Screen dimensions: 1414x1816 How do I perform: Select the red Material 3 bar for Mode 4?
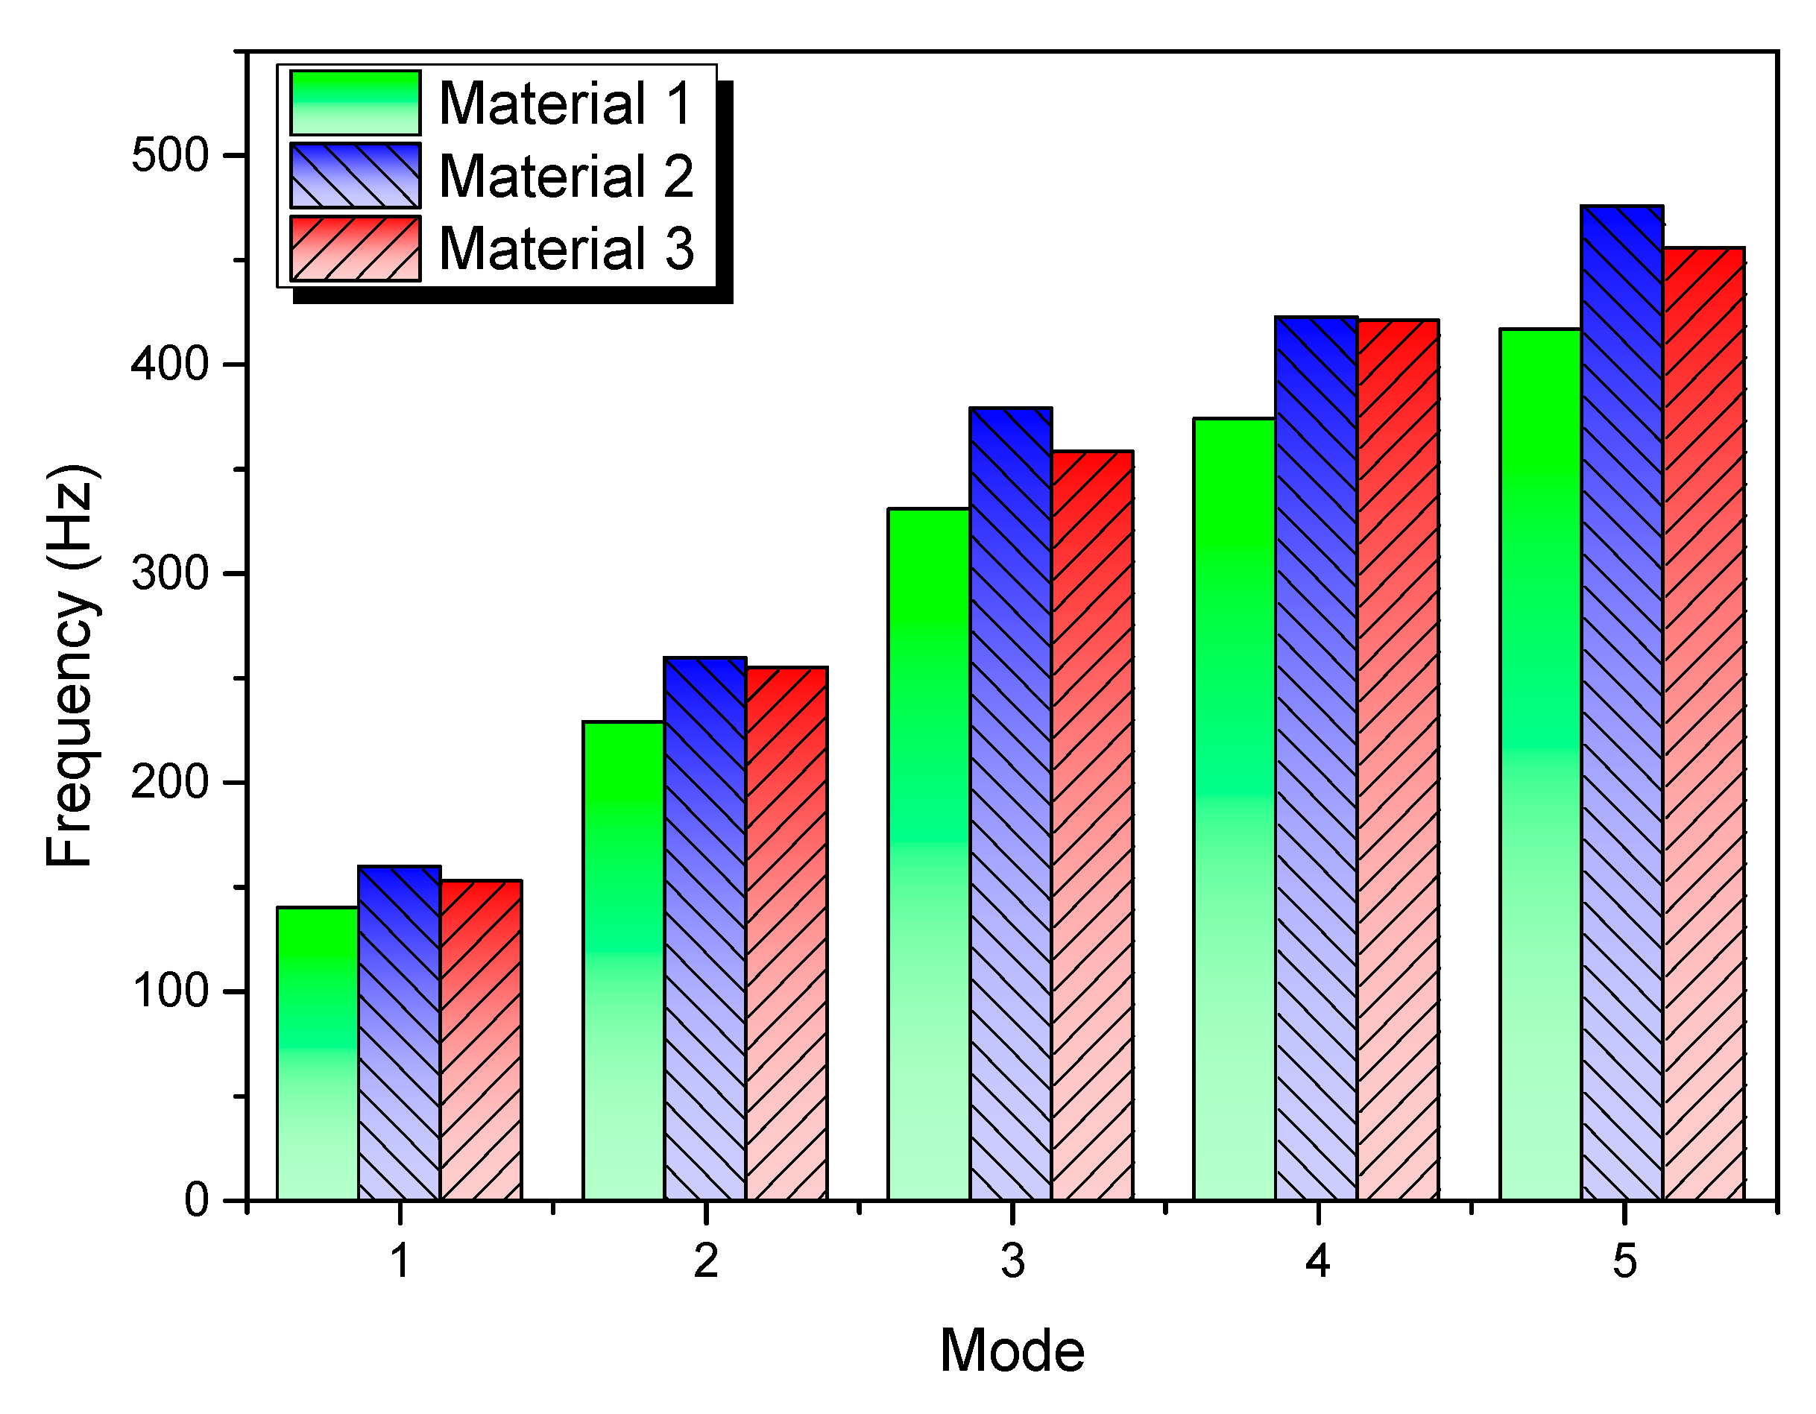[1398, 760]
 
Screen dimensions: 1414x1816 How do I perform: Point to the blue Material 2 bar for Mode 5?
[1621, 703]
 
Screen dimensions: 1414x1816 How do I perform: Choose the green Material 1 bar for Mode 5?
[1540, 765]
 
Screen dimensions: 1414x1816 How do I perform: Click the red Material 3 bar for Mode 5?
[1703, 724]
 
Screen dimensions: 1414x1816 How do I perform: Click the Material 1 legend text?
[565, 104]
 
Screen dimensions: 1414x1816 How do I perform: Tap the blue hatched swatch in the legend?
[355, 176]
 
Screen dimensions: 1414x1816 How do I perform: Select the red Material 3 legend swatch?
[355, 248]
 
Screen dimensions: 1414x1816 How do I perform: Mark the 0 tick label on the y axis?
[196, 1200]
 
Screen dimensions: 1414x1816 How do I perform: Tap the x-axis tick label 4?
[1318, 1261]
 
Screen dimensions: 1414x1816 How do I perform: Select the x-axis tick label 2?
[706, 1261]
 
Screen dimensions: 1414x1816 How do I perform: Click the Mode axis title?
[1012, 1350]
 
